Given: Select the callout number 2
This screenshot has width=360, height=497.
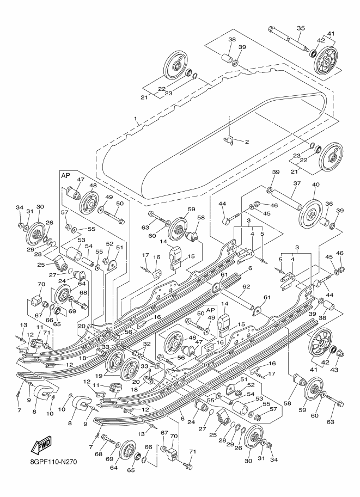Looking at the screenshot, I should click(246, 142).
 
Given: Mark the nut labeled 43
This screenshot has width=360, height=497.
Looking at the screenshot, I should click(340, 355).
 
